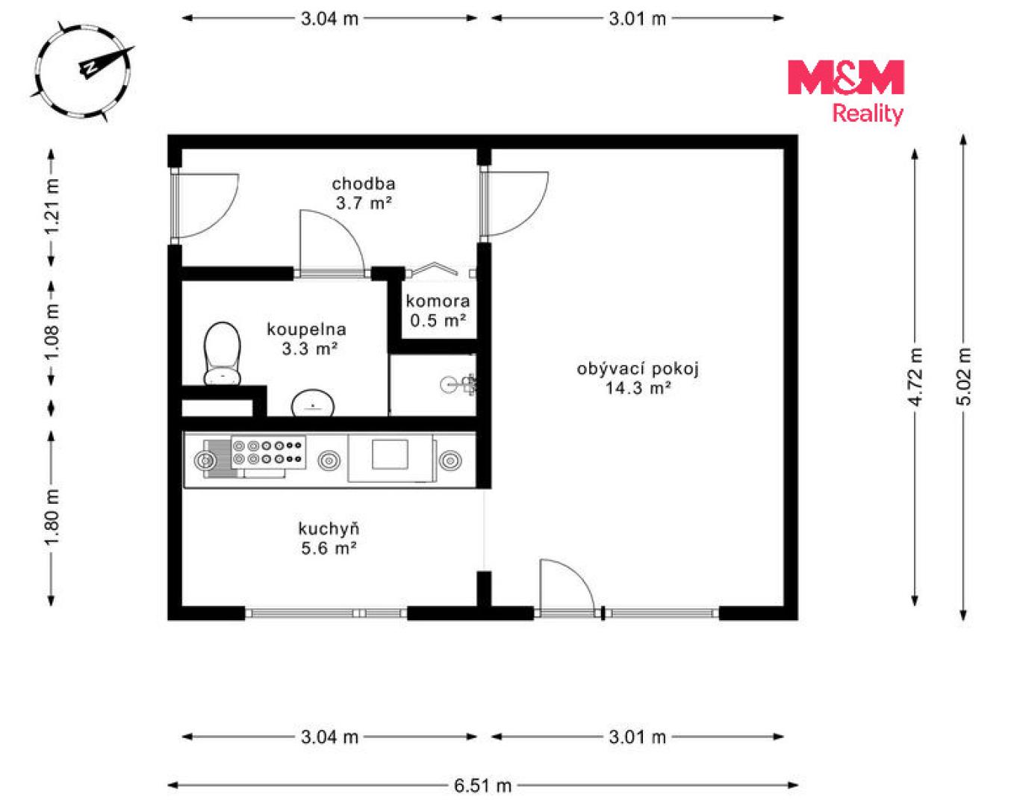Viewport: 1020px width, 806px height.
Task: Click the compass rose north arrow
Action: coord(106,62)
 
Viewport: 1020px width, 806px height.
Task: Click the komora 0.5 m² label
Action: coord(438,311)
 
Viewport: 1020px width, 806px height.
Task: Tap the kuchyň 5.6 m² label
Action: coord(329,538)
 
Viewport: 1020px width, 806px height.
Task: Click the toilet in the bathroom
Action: coord(222,354)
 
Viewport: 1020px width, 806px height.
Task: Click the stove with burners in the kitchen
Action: coord(268,453)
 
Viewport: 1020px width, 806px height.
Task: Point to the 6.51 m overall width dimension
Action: coord(482,785)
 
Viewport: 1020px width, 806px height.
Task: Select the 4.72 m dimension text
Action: coord(915,377)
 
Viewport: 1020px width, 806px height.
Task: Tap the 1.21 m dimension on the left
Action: coord(52,207)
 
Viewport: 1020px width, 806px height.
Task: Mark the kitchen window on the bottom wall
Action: coord(326,613)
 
